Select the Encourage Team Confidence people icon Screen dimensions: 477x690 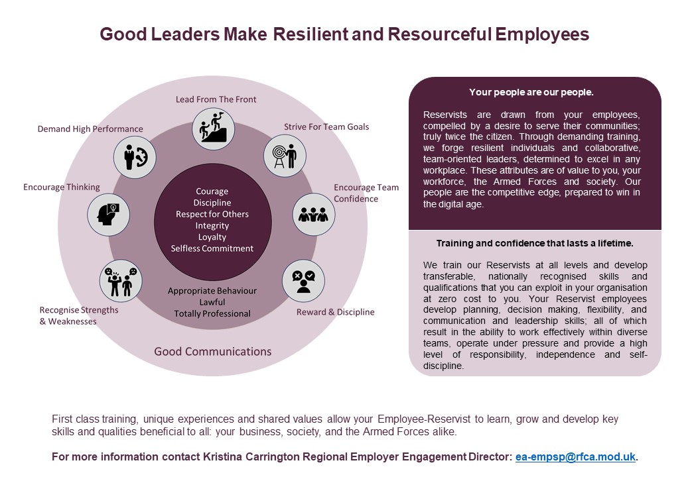point(314,214)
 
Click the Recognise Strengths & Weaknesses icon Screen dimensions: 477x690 point(121,280)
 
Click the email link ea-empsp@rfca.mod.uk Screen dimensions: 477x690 point(575,456)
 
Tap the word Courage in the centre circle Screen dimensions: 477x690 point(212,191)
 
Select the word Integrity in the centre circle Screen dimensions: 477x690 point(212,226)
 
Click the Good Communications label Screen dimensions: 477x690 point(213,351)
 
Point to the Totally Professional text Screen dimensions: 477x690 point(212,313)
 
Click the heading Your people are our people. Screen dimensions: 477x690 point(531,92)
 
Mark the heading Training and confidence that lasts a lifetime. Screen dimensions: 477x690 point(535,243)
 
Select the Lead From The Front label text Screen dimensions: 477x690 point(216,99)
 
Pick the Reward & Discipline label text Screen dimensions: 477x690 point(335,312)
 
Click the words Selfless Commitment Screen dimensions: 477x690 point(212,248)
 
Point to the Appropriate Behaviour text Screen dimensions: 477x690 point(212,291)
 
